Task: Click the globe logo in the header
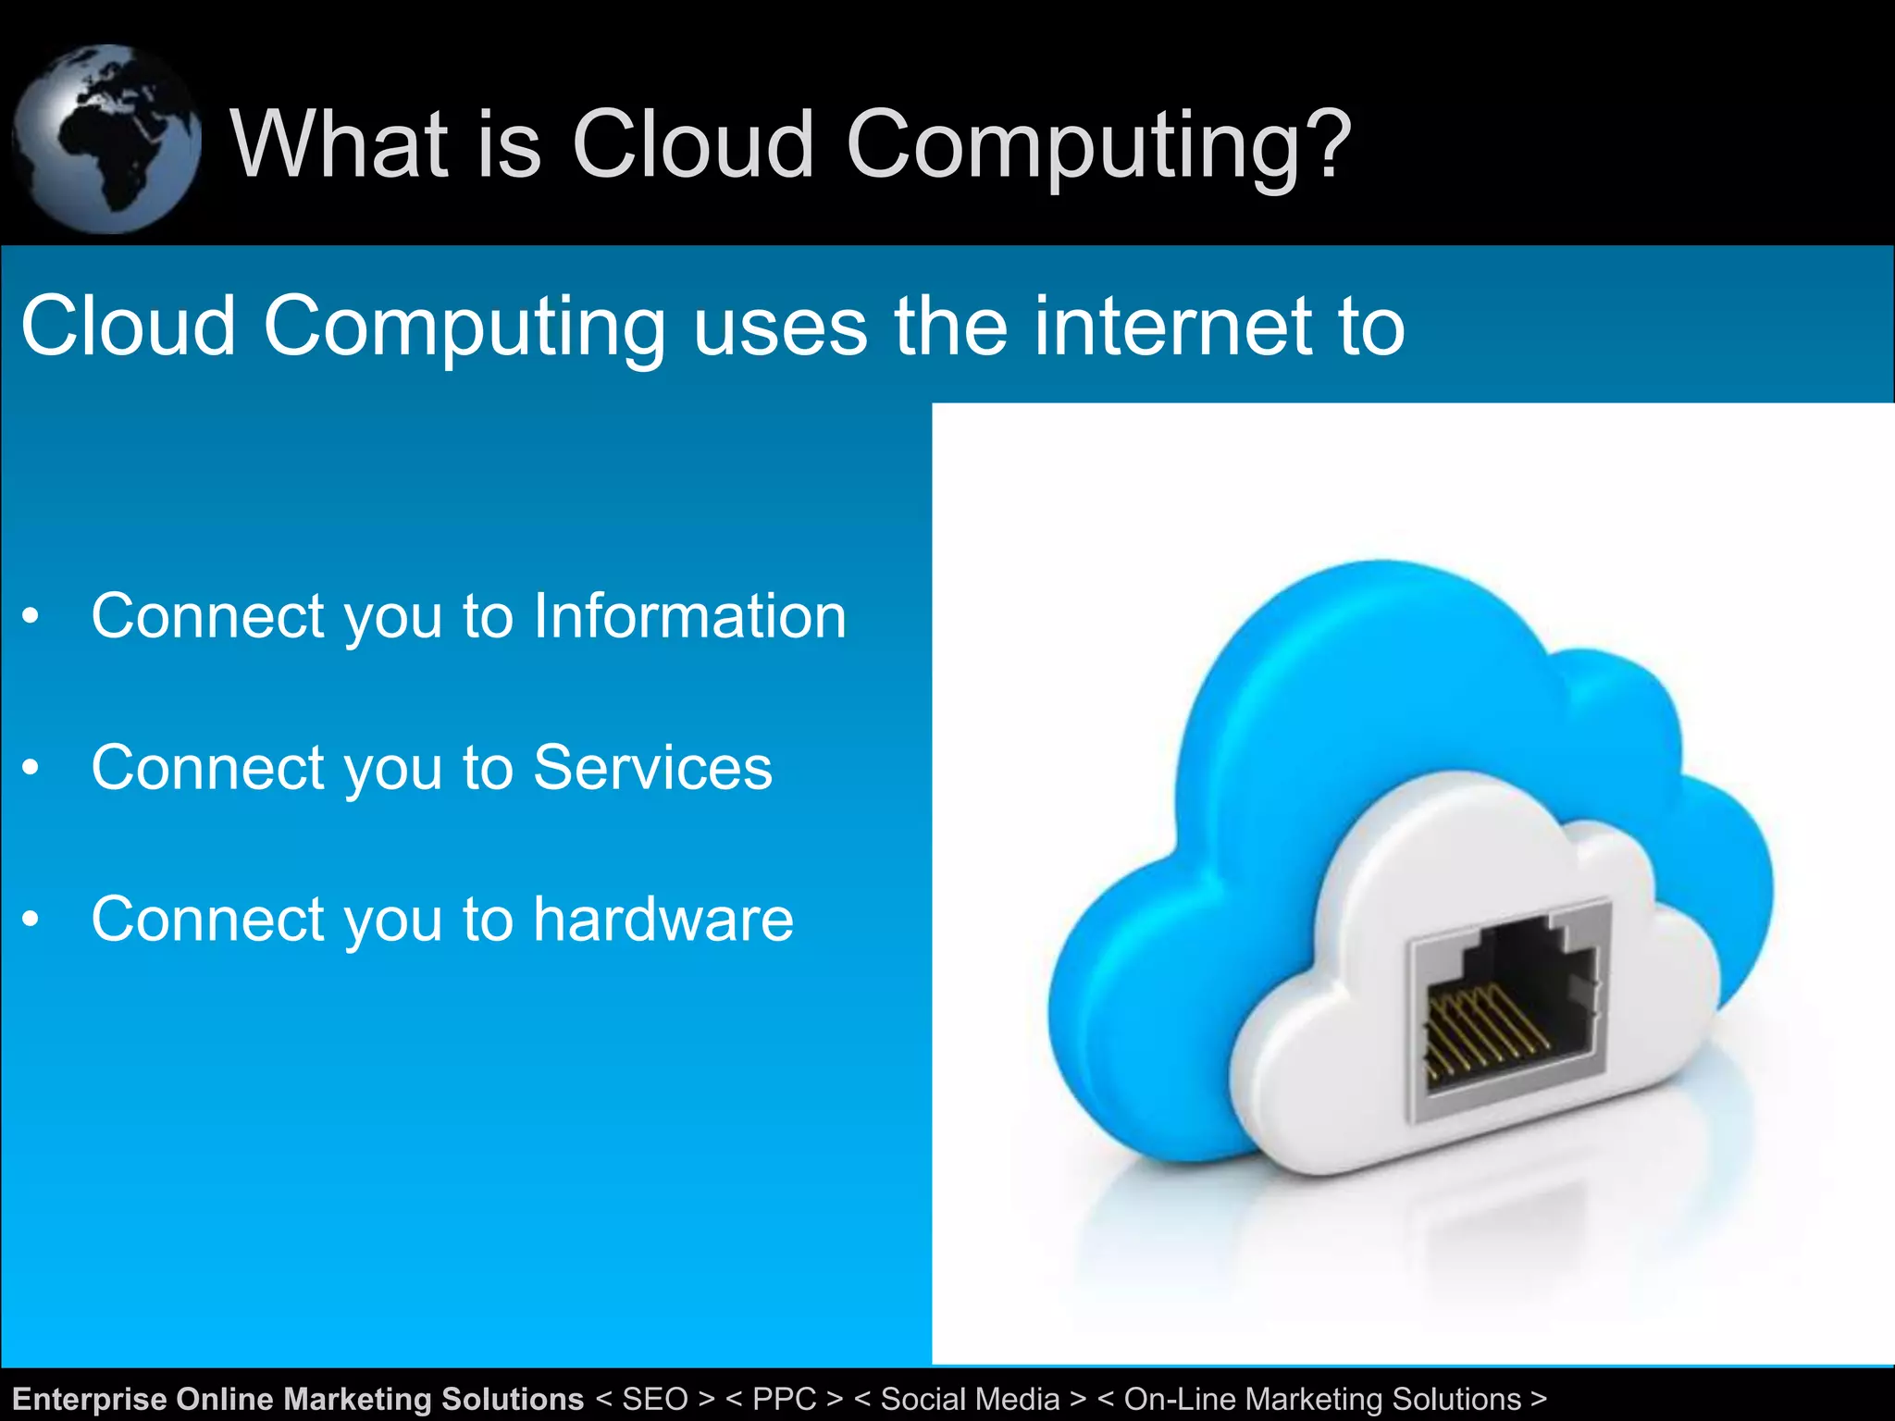[106, 139]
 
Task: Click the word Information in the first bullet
[689, 616]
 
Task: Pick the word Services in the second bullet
[652, 768]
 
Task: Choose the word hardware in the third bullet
[663, 920]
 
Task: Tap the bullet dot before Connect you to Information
[31, 616]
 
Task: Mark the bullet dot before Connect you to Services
[31, 768]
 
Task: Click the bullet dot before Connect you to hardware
[31, 920]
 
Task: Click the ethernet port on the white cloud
[1508, 1008]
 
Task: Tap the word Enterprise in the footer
[90, 1399]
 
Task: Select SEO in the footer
[655, 1399]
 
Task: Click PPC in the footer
[785, 1399]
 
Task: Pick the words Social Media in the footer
[970, 1399]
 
